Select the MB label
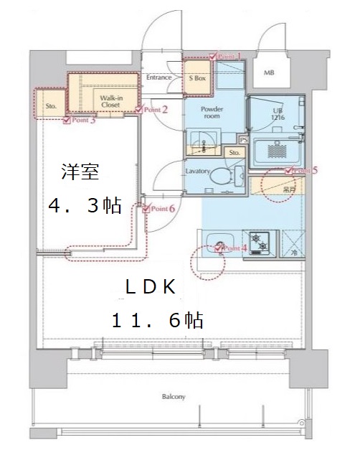coord(269,72)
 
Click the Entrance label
coord(158,78)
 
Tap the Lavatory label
coord(196,172)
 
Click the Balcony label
coord(174,396)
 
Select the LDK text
coord(151,288)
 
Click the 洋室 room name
coord(75,172)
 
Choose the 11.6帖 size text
coord(157,320)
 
